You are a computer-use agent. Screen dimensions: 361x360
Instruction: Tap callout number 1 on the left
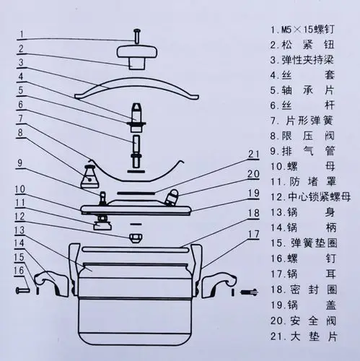point(22,33)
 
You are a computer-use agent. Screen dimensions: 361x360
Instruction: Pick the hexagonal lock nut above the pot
point(135,238)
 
